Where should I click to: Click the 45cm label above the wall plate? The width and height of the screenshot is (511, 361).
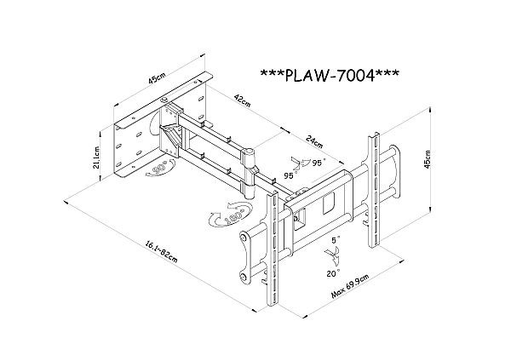coord(156,78)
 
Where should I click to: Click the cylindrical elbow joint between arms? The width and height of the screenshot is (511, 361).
coord(253,158)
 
